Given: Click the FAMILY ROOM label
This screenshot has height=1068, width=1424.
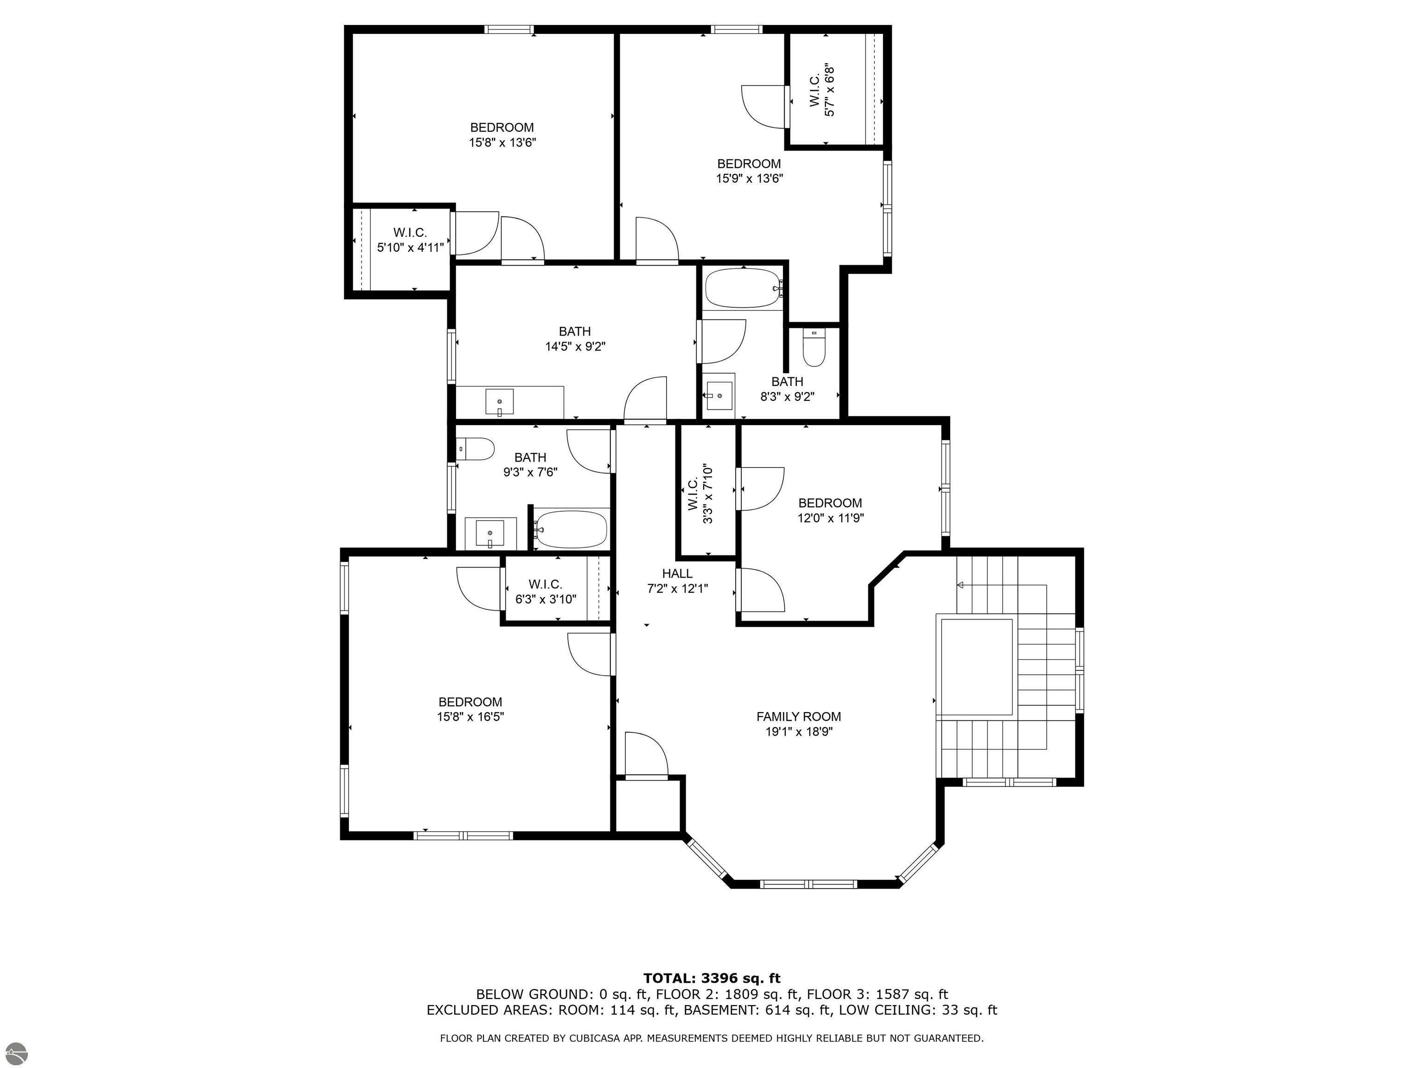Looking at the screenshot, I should [x=798, y=717].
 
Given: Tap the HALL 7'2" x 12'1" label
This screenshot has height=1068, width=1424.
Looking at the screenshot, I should [x=677, y=581].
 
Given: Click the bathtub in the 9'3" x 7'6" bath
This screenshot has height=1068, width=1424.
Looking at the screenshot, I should [x=571, y=529].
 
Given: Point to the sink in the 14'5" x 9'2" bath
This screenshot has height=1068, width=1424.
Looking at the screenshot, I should [x=499, y=402].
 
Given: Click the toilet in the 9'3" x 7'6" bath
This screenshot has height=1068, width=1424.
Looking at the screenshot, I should [x=475, y=449].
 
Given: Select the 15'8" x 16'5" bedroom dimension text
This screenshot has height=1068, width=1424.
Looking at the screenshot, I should [x=470, y=717].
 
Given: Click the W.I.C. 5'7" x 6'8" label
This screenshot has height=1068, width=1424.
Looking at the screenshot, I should [x=821, y=91].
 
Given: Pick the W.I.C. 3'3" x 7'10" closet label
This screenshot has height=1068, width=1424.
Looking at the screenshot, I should [x=700, y=493].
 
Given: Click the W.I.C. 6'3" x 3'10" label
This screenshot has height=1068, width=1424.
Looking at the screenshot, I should [x=546, y=591].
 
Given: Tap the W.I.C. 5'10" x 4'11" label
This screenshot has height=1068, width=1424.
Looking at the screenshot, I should [x=410, y=240].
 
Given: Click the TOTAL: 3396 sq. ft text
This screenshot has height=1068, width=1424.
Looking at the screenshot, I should [x=712, y=979].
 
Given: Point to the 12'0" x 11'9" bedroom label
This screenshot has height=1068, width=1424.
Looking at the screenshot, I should [x=830, y=510].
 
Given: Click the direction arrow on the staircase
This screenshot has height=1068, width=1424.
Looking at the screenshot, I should [x=960, y=585].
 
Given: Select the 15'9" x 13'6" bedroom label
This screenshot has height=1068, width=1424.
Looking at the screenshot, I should [x=749, y=171].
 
